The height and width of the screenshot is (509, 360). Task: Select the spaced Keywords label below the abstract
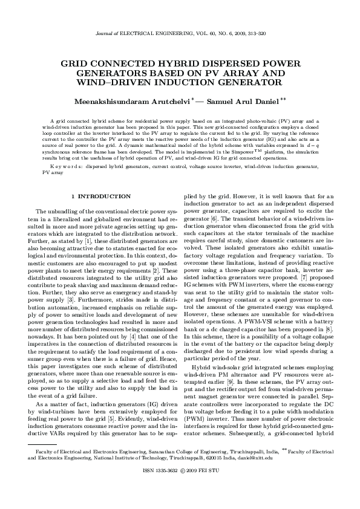(66, 164)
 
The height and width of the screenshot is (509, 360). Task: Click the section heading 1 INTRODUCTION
(100, 196)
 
